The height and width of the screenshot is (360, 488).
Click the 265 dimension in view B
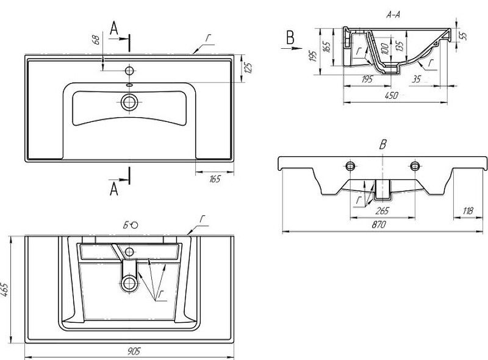coord(382,211)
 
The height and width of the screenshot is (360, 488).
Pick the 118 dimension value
coord(468,211)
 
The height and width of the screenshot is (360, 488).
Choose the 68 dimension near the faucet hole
coord(96,41)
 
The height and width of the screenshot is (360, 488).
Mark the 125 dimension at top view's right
coord(247,68)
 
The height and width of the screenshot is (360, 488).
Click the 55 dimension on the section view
coord(464,36)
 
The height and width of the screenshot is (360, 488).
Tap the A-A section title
coord(393,15)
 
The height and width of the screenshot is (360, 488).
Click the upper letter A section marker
coord(113,27)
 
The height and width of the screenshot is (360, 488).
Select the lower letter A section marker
coord(114,190)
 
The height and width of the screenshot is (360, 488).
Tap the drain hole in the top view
coord(129,102)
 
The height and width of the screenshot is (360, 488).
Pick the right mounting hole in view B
coord(415,167)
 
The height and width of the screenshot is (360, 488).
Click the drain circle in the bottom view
coord(129,283)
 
